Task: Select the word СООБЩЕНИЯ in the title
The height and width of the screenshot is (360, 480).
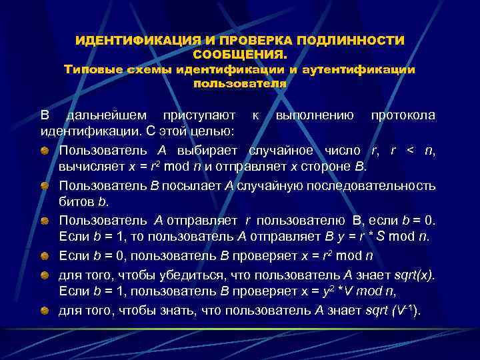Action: coord(238,55)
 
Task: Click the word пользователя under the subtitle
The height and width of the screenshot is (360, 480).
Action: coord(240,84)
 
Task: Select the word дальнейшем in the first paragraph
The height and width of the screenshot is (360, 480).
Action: coord(99,115)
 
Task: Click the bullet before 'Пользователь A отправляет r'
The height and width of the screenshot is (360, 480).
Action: coord(43,220)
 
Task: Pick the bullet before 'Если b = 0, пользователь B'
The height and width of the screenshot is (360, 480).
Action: coord(43,255)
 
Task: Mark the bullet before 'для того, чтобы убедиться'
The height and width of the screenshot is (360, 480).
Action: coord(43,273)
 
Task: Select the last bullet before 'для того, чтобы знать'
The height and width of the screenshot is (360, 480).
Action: coord(43,309)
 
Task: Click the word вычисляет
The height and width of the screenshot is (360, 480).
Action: coord(85,167)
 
